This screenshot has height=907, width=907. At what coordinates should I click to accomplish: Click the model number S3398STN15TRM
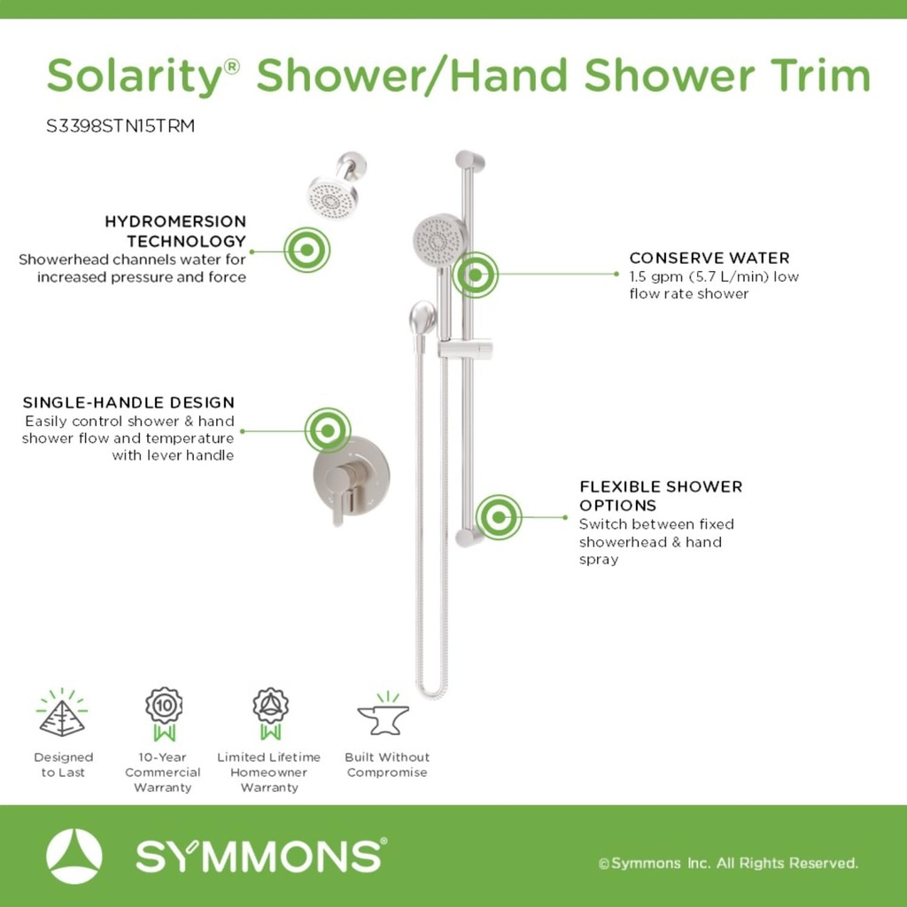click(x=120, y=126)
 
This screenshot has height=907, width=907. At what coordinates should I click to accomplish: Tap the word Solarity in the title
click(x=132, y=76)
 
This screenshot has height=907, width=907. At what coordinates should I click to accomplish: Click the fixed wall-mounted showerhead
click(x=333, y=196)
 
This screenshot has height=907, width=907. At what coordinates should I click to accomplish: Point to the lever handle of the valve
click(x=337, y=497)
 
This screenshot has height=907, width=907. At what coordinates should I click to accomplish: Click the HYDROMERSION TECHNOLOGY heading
click(x=175, y=230)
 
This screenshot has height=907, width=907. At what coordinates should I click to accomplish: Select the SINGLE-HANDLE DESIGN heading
click(x=128, y=403)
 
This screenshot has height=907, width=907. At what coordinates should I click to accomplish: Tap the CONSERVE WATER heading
click(x=709, y=258)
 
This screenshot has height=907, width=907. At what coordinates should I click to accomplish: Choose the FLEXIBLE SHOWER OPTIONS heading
click(x=661, y=495)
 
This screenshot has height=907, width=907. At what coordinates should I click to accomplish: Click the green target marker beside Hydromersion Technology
click(x=306, y=250)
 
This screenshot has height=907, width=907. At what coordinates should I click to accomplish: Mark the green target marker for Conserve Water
click(x=476, y=275)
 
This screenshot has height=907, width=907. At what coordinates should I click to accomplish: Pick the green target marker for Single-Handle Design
click(x=328, y=431)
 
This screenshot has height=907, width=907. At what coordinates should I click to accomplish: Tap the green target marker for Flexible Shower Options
click(x=499, y=517)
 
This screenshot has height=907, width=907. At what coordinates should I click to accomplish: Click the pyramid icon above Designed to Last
click(x=62, y=714)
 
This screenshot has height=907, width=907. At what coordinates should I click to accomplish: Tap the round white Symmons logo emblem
click(x=74, y=857)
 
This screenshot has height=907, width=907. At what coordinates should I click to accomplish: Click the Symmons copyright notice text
click(x=728, y=863)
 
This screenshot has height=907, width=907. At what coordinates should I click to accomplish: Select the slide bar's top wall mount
click(x=469, y=161)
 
